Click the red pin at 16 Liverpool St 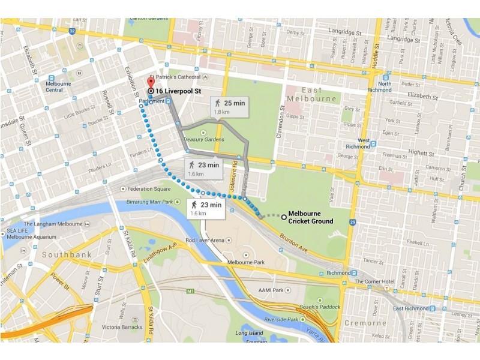click(x=150, y=83)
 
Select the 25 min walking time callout click(x=230, y=106)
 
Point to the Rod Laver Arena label click(x=205, y=240)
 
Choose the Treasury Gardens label click(x=204, y=139)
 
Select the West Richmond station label click(x=359, y=143)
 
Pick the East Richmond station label click(x=410, y=308)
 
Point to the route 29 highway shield click(x=353, y=223)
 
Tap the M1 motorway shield click(x=191, y=291)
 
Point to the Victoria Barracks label click(x=121, y=327)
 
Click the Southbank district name click(x=68, y=254)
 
